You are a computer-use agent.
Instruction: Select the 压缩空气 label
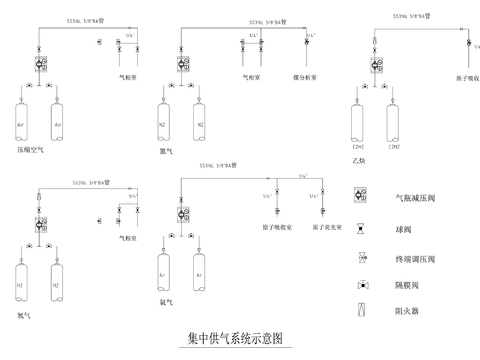point(31,150)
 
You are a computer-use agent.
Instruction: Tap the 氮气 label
point(167,150)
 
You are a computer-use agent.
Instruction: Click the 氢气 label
point(24,314)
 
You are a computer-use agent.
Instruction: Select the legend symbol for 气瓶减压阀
point(360,197)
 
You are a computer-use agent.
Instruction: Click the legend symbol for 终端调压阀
point(360,257)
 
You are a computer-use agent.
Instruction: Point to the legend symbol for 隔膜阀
point(360,285)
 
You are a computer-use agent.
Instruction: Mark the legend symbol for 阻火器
point(360,312)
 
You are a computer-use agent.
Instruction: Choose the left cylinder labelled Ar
point(162,272)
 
